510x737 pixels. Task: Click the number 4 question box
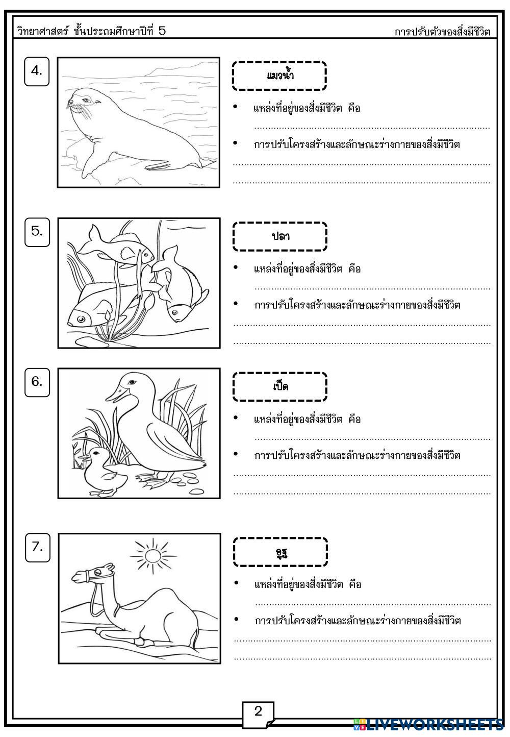[x=37, y=72]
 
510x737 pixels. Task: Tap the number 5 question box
[x=37, y=232]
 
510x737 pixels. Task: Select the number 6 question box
[x=37, y=382]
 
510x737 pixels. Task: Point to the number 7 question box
[x=38, y=548]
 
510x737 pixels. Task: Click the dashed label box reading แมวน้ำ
[x=279, y=76]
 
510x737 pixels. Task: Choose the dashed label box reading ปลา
[x=280, y=236]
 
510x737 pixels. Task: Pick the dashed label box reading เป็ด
[x=280, y=386]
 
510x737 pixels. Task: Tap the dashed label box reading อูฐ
[x=280, y=552]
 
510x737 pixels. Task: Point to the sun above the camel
[x=152, y=555]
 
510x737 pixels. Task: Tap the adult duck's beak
[x=113, y=395]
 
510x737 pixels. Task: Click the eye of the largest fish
[x=81, y=320]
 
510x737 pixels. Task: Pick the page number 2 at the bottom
[x=258, y=711]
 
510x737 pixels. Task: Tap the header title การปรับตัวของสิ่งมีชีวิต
[x=442, y=32]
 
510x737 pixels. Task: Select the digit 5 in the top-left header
[x=162, y=31]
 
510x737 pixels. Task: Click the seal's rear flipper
[x=97, y=163]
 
